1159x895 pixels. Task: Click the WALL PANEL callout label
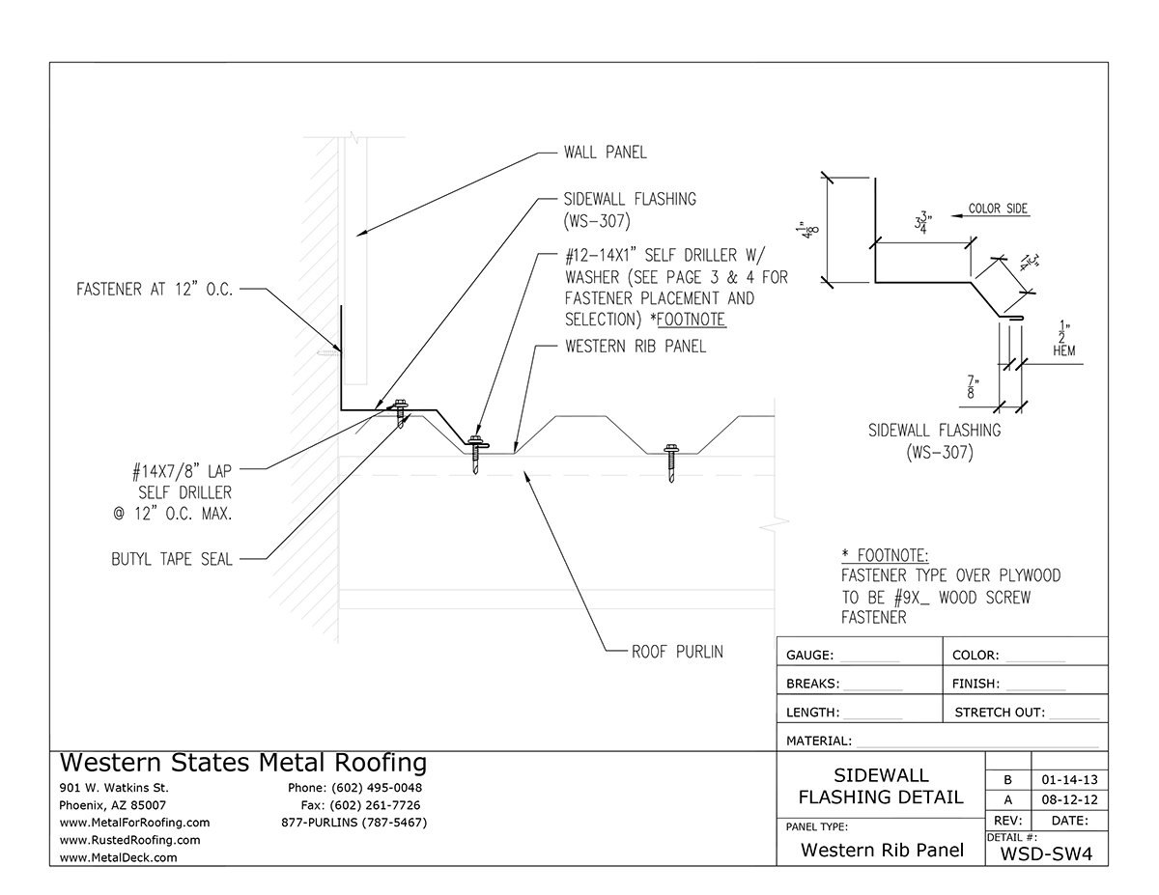605,153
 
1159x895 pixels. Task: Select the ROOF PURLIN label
677,652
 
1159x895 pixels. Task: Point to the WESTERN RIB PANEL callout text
635,347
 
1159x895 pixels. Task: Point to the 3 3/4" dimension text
923,224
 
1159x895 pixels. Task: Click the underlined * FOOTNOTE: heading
885,555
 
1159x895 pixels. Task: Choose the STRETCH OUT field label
999,713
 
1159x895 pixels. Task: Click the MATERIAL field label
819,741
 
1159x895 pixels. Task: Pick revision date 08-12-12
1069,800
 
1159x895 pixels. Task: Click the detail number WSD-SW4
1045,853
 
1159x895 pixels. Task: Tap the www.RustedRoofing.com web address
129,840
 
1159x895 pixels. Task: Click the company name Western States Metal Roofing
242,763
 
